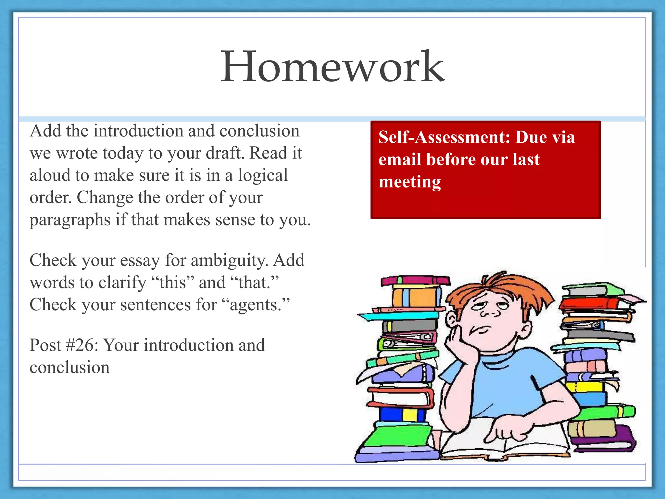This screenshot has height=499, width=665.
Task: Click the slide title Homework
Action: tap(332, 67)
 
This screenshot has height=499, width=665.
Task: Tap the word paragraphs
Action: tap(70, 220)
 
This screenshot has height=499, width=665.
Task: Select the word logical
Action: tap(263, 175)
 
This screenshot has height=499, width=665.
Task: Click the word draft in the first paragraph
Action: tap(224, 153)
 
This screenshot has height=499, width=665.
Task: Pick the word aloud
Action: tap(49, 175)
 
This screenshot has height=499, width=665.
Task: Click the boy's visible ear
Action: tap(452, 318)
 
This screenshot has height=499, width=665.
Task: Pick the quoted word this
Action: tap(172, 283)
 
